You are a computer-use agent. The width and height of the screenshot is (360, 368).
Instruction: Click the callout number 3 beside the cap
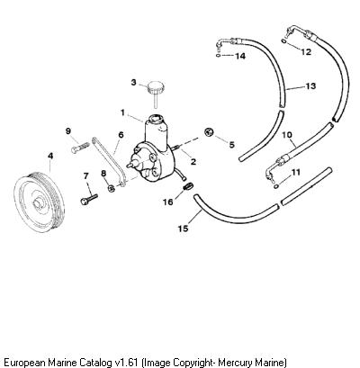tap(134, 82)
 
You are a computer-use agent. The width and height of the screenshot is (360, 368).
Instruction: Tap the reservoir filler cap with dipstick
tap(156, 91)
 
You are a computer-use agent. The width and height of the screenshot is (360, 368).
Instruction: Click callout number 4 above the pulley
tap(50, 156)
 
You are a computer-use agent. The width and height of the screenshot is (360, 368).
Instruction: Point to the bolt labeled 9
tap(81, 148)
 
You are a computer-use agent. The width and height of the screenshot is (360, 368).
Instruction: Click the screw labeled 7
tap(89, 199)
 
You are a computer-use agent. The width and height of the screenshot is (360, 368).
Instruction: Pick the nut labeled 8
tap(112, 188)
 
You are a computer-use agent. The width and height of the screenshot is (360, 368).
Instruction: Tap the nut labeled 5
tap(209, 132)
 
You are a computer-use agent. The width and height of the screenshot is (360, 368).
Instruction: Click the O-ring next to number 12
tap(283, 40)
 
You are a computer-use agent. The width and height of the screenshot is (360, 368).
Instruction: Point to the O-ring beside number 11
tap(276, 186)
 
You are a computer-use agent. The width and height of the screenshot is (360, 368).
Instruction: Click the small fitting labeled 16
tap(187, 188)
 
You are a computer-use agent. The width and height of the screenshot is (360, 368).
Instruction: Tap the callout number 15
tap(183, 229)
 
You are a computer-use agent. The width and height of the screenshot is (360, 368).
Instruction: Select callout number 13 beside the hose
tap(310, 86)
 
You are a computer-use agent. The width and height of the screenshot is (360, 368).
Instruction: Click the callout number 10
tap(287, 135)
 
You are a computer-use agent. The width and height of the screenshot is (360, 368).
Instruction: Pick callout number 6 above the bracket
tap(121, 135)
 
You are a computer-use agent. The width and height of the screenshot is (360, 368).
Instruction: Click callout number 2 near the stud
tap(193, 162)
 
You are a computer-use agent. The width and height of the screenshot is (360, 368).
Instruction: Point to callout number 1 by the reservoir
tap(122, 112)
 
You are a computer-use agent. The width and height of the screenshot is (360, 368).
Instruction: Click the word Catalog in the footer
tap(96, 362)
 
